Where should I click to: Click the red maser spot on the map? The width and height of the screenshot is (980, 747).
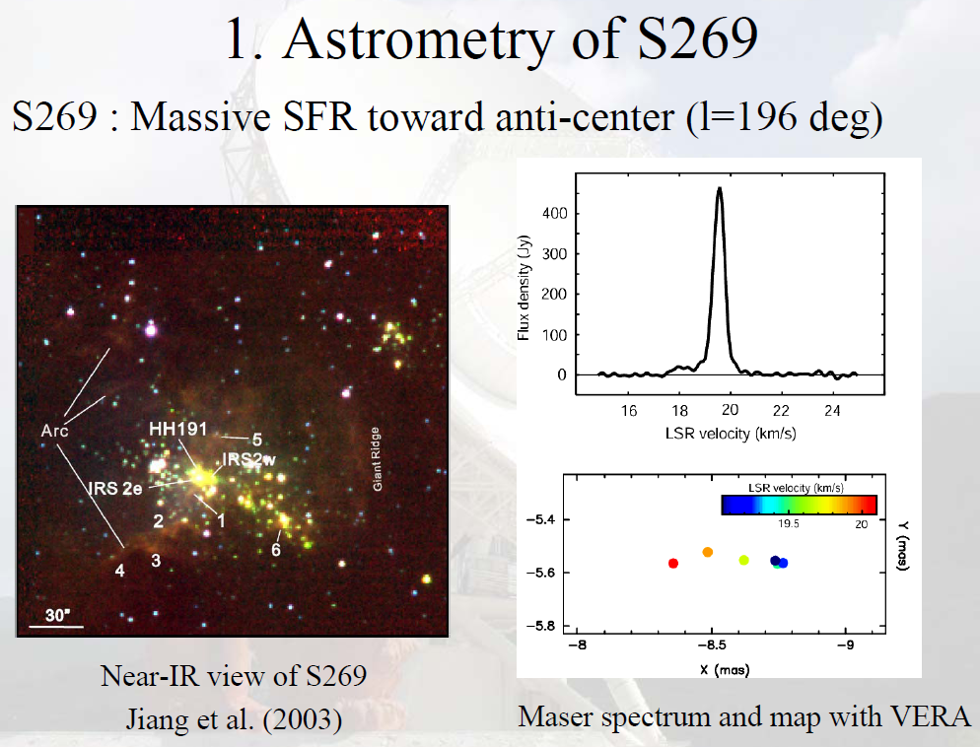point(673,563)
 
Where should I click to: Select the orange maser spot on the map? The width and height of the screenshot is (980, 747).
point(708,552)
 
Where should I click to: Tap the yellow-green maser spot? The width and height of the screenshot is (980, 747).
point(744,560)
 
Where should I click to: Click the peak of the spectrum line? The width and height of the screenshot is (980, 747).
point(720,188)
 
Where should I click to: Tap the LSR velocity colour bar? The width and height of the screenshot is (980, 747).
point(800,505)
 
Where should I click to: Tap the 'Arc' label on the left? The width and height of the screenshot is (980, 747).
point(54,431)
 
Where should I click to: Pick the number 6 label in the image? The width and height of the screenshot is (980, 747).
point(277,550)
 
